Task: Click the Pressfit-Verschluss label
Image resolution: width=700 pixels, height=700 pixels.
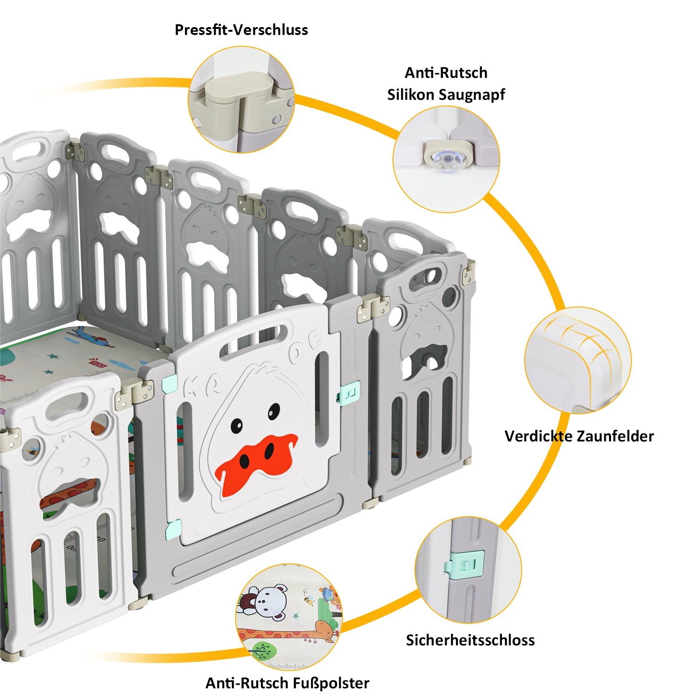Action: tap(241, 30)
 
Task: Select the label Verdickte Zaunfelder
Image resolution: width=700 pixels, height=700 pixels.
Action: tap(579, 436)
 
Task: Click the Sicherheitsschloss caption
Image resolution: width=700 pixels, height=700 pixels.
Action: tap(470, 640)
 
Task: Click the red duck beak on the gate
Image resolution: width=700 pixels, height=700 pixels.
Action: tap(256, 462)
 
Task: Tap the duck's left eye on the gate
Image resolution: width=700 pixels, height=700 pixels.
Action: tap(237, 425)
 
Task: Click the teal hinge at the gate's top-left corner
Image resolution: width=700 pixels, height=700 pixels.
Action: tap(169, 384)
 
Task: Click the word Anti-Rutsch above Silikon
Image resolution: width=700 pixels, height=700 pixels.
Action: tap(446, 73)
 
